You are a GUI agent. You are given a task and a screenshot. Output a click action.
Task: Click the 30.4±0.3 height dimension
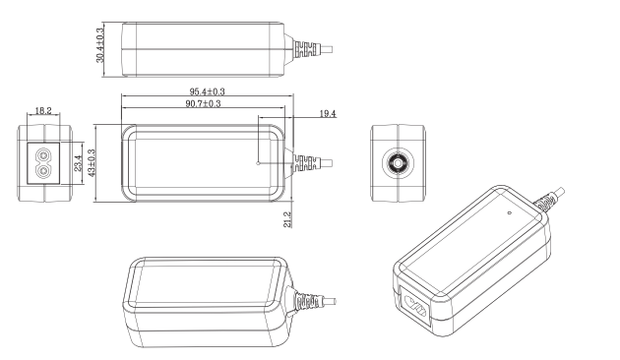(x=100, y=44)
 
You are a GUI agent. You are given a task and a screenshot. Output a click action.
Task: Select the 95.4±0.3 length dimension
(x=207, y=91)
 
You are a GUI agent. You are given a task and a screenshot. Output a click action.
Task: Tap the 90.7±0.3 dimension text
(x=204, y=103)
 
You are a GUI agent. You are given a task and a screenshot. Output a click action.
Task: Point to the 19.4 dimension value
(x=328, y=114)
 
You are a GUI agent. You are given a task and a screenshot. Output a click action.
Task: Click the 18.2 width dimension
(x=43, y=110)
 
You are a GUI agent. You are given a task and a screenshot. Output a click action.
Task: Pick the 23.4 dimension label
(x=78, y=163)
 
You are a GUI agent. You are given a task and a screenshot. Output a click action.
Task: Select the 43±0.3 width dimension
(x=92, y=163)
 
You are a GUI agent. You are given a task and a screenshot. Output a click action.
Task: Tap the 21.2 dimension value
(x=287, y=219)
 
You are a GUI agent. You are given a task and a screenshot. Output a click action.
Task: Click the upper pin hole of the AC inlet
(x=42, y=154)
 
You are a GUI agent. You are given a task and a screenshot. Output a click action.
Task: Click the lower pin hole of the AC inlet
(x=42, y=171)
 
